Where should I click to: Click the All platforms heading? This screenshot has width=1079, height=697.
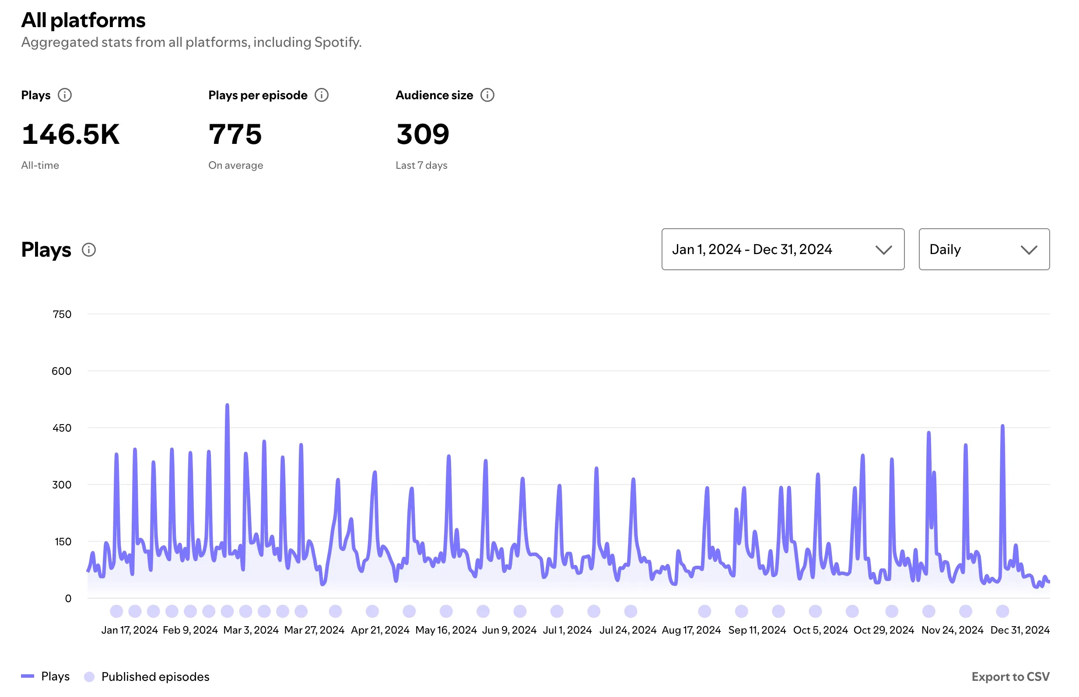click(x=83, y=21)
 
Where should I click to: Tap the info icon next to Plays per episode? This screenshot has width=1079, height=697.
click(x=322, y=95)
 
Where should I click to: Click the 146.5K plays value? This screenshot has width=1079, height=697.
click(x=70, y=134)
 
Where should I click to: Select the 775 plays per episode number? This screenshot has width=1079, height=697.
click(x=235, y=134)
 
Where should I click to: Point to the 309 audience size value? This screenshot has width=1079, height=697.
click(x=422, y=134)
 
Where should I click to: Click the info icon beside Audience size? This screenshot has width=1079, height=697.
click(x=487, y=95)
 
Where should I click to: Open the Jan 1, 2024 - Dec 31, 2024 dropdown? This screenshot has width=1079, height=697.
click(x=782, y=249)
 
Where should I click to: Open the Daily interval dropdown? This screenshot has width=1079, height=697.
click(x=984, y=249)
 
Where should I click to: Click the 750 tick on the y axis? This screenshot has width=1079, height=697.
click(x=62, y=314)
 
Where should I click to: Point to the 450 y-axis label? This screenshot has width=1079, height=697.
click(x=62, y=428)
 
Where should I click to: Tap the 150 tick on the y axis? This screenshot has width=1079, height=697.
click(x=63, y=541)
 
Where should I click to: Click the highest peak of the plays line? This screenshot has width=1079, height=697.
click(x=227, y=405)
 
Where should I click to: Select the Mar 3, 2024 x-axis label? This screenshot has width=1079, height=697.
click(x=251, y=630)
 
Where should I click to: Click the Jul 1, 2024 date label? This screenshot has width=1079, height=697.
click(x=567, y=630)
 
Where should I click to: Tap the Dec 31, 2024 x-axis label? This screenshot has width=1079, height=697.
click(x=1019, y=630)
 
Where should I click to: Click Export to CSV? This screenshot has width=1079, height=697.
click(x=1010, y=676)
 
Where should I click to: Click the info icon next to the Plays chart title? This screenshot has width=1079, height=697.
click(x=89, y=250)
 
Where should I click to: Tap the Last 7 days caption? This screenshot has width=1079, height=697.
click(x=421, y=165)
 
